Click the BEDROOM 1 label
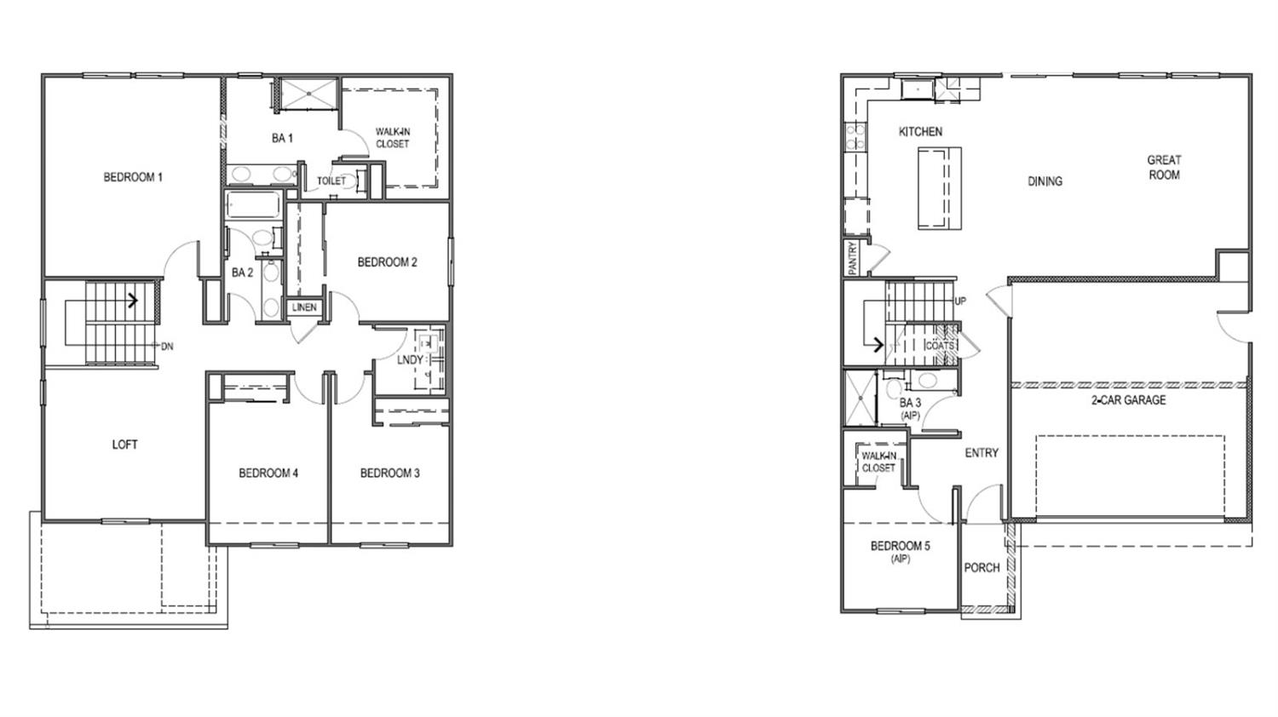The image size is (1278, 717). (133, 177)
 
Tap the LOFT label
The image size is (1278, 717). (124, 445)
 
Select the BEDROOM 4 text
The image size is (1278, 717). (268, 473)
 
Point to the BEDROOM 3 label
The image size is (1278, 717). (389, 473)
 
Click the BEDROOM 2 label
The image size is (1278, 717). (387, 262)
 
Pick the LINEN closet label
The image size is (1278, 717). (304, 307)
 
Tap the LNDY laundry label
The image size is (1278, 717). (410, 360)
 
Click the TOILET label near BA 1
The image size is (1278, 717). (331, 181)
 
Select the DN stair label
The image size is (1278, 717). (168, 347)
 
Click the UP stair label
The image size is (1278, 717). (960, 301)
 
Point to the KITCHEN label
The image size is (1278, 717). (920, 132)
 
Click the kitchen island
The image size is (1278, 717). (939, 188)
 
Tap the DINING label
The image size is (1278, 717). (1045, 181)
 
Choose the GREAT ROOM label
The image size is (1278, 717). (1164, 167)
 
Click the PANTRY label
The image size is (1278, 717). (853, 258)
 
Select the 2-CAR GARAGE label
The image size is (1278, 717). (1129, 400)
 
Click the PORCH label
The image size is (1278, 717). (982, 568)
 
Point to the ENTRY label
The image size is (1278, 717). (982, 453)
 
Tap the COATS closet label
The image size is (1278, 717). (940, 346)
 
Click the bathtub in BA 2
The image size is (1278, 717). (253, 206)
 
